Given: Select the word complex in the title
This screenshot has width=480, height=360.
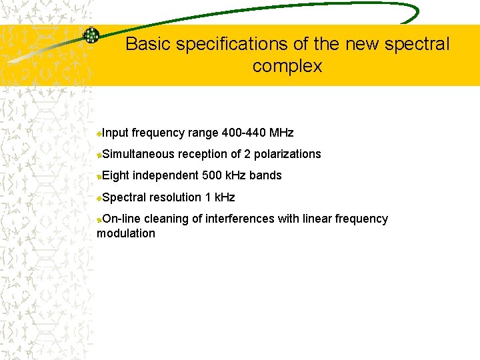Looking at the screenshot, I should (x=287, y=67).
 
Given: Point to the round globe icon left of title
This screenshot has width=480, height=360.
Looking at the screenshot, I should (x=91, y=35).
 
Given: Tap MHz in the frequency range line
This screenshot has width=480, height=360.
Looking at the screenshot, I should (x=281, y=133).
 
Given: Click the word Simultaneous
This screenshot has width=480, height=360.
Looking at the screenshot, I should (x=138, y=154).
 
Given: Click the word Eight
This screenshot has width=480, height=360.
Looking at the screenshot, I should (x=116, y=175).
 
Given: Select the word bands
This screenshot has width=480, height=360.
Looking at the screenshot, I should (x=265, y=175).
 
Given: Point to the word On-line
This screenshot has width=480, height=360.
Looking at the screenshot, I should (x=122, y=219).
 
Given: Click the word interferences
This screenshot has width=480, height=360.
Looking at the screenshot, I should (x=237, y=219).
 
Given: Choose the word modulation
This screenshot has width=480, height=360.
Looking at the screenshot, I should (x=126, y=233).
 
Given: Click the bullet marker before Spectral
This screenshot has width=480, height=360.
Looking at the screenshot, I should (x=99, y=198).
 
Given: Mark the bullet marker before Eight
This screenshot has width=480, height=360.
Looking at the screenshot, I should (x=99, y=176).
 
